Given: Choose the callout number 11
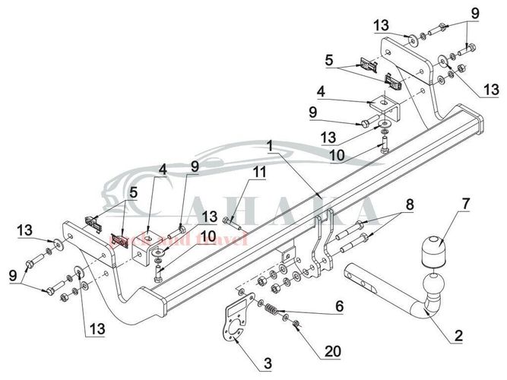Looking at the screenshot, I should coord(260,173).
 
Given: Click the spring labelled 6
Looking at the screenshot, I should coord(273,310).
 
